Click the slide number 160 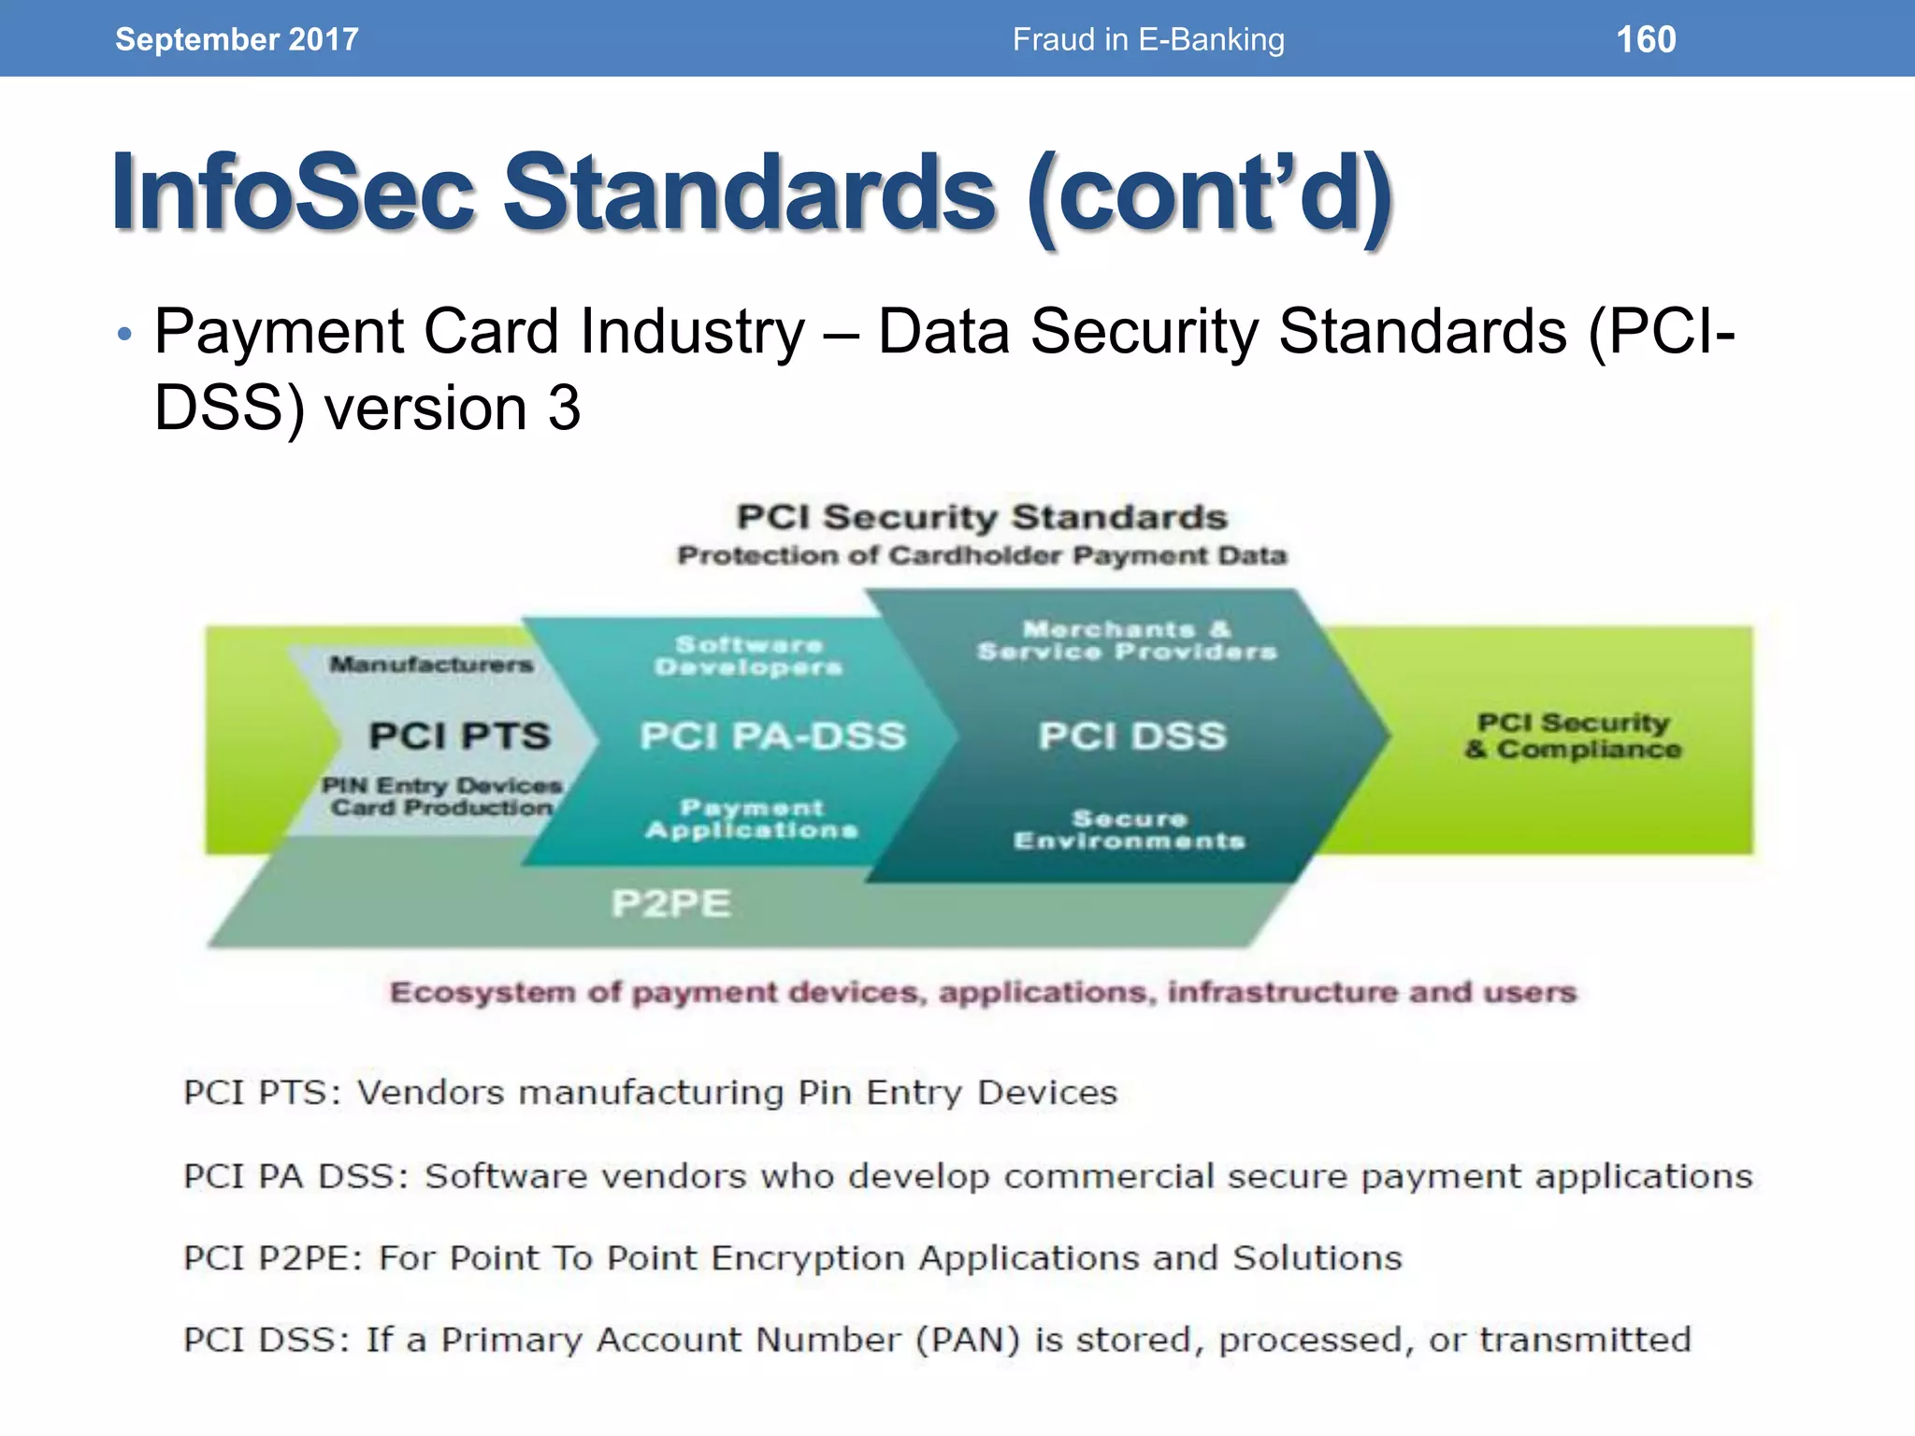coord(1646,39)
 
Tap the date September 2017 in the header coord(237,39)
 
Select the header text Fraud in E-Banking coord(1148,39)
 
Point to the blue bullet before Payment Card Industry coord(125,335)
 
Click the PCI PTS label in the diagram coord(459,736)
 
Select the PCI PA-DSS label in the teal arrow coord(772,736)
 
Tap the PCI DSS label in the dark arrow coord(1131,736)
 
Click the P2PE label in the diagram coord(670,903)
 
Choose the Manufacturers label coord(431,665)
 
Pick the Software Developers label coord(748,655)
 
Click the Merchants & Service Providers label coord(1127,640)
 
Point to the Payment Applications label coord(752,819)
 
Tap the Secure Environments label coord(1130,829)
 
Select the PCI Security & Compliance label coord(1573,736)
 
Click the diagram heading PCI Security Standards coord(982,517)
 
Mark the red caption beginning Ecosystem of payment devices coord(983,992)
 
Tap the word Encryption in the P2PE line coord(810,1258)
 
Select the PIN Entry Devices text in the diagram coord(442,785)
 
